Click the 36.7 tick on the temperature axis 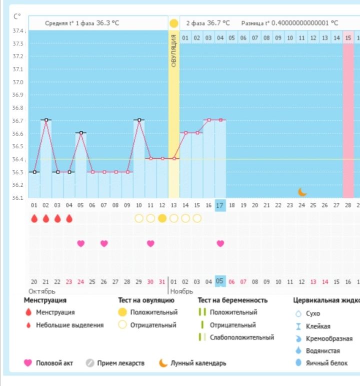(18, 121)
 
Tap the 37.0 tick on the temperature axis (18, 82)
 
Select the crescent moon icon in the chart (302, 192)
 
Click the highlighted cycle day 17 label (220, 205)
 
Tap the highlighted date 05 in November (220, 282)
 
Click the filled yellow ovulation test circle (162, 218)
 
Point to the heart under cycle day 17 (220, 243)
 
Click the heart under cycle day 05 (80, 243)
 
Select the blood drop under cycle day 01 (34, 219)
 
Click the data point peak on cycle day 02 (46, 120)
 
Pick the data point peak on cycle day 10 (139, 120)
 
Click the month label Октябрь (41, 291)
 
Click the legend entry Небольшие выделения (69, 325)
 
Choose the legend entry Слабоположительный (241, 337)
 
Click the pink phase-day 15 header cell (348, 38)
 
